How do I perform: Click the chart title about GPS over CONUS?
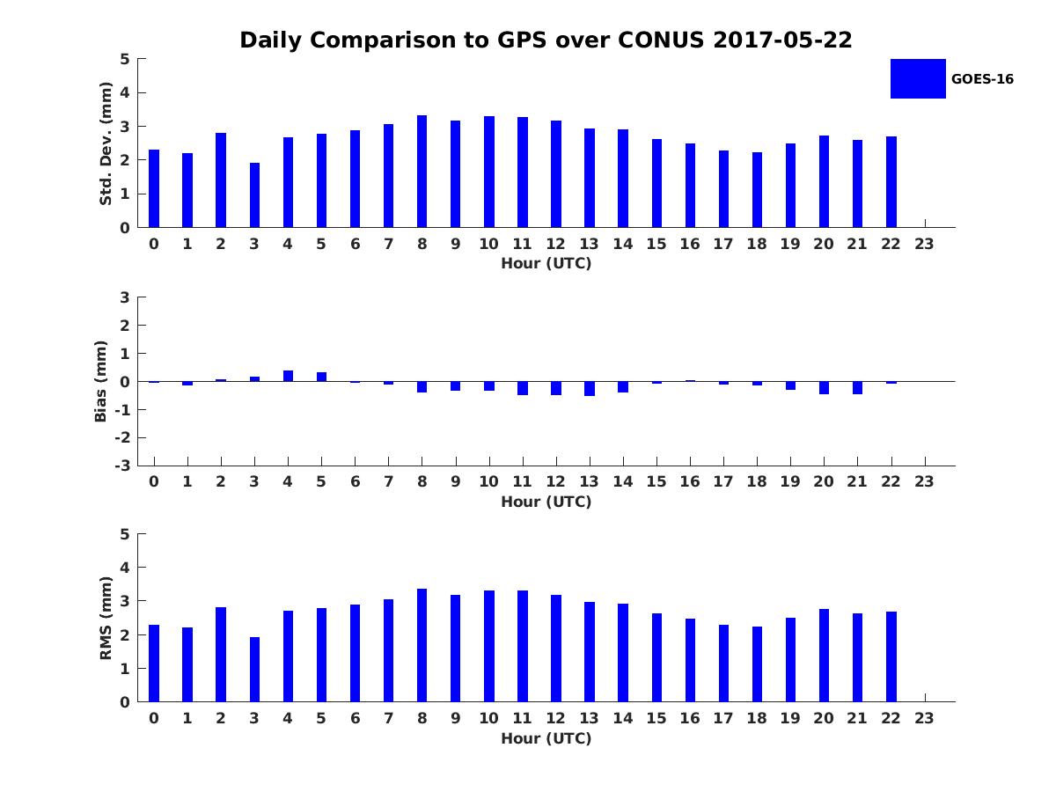click(546, 40)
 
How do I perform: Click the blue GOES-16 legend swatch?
click(918, 78)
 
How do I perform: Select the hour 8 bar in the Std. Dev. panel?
click(422, 172)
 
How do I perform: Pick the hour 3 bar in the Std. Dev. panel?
click(254, 195)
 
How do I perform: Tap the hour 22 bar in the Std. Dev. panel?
click(891, 182)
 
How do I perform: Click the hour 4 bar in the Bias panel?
click(288, 376)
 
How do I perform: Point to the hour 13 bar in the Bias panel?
click(590, 388)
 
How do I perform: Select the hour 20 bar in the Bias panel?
click(824, 387)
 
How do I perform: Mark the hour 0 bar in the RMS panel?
click(154, 664)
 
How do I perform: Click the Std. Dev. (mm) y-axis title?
click(106, 143)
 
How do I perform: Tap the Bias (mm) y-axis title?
click(101, 381)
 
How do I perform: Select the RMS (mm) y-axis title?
click(106, 618)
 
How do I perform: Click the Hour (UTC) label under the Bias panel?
click(546, 502)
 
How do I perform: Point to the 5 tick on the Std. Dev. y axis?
click(126, 59)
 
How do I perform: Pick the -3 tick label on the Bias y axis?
click(123, 466)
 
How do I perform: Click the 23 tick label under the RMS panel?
click(924, 718)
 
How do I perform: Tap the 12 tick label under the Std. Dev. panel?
click(555, 244)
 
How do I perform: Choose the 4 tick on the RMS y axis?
click(126, 568)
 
